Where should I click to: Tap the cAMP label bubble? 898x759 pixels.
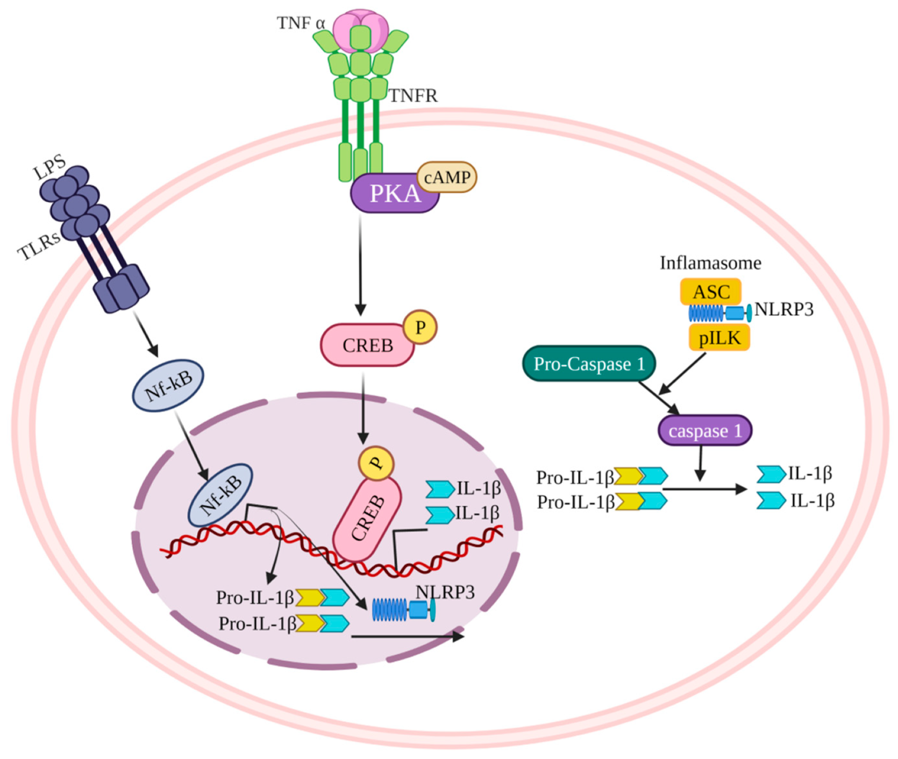click(x=447, y=177)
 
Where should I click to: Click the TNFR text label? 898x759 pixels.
click(x=413, y=96)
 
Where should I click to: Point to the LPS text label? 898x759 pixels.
click(x=49, y=167)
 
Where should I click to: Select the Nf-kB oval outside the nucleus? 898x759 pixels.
click(x=168, y=385)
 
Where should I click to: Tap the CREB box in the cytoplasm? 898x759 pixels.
click(x=367, y=345)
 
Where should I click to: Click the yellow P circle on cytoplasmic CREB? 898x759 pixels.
click(x=420, y=327)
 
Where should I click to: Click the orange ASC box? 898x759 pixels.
click(x=711, y=292)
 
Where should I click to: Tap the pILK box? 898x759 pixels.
click(x=719, y=338)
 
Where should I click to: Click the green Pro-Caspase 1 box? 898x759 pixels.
click(x=589, y=364)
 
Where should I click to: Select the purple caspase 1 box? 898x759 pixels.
click(x=704, y=430)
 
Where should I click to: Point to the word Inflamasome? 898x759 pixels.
click(x=710, y=263)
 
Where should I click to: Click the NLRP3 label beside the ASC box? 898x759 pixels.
click(x=783, y=309)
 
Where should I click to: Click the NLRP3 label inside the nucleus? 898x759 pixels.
click(x=445, y=592)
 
